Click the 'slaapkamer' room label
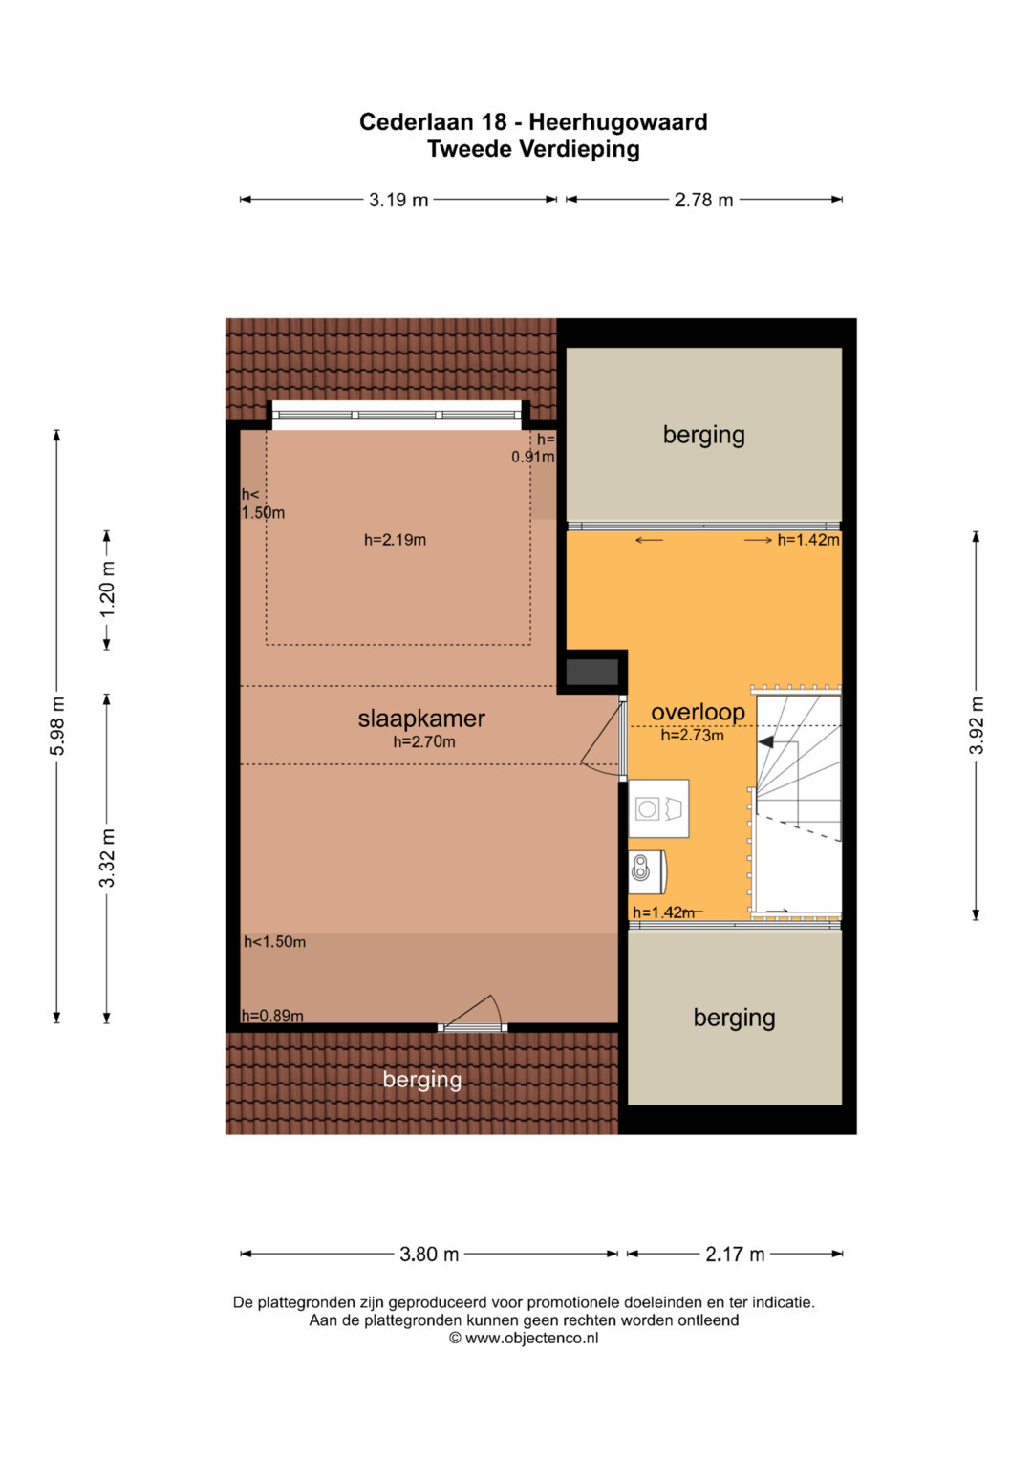[420, 719]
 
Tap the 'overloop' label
[698, 712]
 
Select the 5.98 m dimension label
[58, 726]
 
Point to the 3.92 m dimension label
[976, 725]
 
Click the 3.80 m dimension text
[429, 1254]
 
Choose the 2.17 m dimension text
[735, 1254]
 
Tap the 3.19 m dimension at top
[398, 200]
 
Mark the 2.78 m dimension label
[703, 200]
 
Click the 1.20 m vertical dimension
[107, 590]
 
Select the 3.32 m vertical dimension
[107, 858]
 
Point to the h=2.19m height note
[395, 539]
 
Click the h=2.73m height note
[692, 736]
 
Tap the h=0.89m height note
[272, 1016]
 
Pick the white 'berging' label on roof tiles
[422, 1080]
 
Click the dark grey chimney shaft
[591, 672]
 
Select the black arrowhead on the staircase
[764, 741]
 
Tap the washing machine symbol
[658, 809]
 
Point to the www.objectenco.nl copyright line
[524, 1338]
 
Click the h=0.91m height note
[533, 448]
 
